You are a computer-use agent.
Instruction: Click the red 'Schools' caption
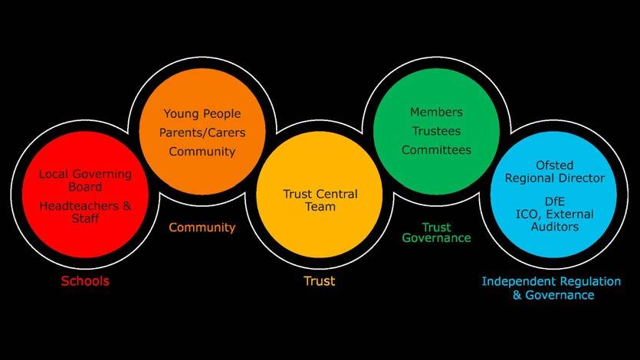[x=85, y=281]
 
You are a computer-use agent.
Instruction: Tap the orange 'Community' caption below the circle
[x=202, y=227]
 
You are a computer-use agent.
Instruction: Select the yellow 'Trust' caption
[x=319, y=281]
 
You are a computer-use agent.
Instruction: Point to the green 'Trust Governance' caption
[x=436, y=233]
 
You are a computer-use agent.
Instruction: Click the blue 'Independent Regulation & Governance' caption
[x=548, y=287]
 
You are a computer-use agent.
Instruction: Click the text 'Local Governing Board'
[x=85, y=180]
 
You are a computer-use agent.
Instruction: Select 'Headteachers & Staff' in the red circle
[x=85, y=212]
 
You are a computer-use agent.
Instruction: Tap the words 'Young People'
[x=202, y=114]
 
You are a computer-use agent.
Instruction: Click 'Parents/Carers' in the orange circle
[x=202, y=133]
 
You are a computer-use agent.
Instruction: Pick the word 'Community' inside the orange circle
[x=202, y=152]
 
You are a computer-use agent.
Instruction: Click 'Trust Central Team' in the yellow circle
[x=320, y=200]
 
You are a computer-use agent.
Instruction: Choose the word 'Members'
[x=436, y=113]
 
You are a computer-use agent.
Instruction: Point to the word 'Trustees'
[x=436, y=131]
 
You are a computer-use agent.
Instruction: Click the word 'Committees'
[x=436, y=150]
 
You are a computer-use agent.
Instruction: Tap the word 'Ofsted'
[x=549, y=165]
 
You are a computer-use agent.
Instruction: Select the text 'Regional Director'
[x=549, y=178]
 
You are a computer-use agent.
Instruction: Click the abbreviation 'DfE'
[x=549, y=201]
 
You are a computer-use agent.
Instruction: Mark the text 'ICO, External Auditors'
[x=549, y=220]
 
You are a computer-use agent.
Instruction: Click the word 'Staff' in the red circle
[x=85, y=219]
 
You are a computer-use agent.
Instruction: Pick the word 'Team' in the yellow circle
[x=320, y=207]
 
